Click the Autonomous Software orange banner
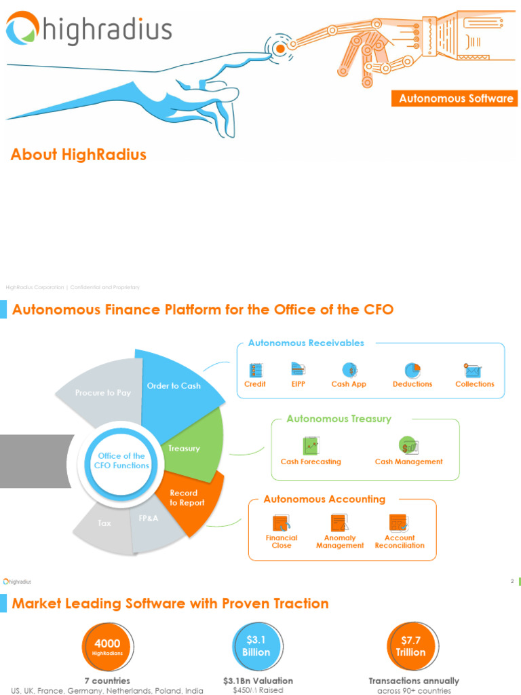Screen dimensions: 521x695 point(456,98)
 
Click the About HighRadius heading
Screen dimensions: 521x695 point(79,155)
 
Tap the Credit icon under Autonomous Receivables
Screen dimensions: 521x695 point(256,370)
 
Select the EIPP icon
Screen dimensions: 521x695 point(298,369)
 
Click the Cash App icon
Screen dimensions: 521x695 point(349,370)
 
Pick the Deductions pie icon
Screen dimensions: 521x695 point(412,370)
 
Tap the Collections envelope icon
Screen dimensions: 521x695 point(473,371)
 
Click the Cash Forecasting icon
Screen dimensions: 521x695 point(311,446)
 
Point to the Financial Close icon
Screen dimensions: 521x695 point(281,523)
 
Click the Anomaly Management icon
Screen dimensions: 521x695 point(339,523)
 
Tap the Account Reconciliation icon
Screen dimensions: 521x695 point(398,523)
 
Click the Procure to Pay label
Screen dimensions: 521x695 point(102,393)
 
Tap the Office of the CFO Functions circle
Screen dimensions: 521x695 point(123,461)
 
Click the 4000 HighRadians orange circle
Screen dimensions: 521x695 point(107,647)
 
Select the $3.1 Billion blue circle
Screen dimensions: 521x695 point(257,646)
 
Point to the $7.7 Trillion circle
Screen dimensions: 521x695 point(411,646)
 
